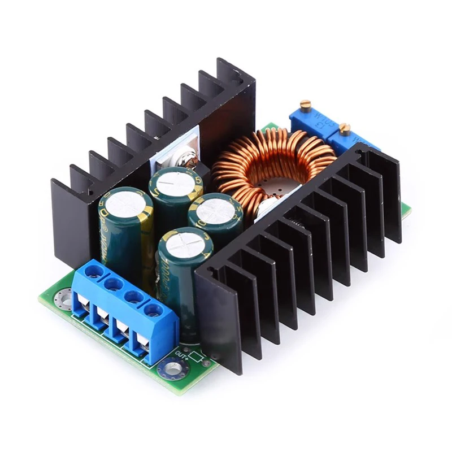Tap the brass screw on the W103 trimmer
pos(306,104)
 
